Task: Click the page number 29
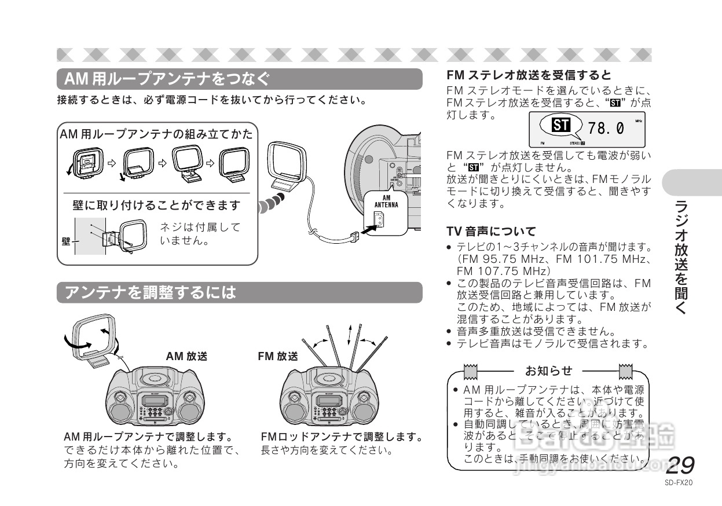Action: (x=680, y=465)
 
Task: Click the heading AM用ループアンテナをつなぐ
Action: (x=167, y=78)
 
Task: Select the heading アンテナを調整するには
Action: (x=151, y=292)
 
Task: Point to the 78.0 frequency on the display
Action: (x=606, y=128)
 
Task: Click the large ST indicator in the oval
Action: (x=560, y=125)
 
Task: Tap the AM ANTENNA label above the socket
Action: (x=386, y=201)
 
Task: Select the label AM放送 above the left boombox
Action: (x=186, y=357)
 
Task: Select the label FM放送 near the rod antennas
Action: (x=278, y=357)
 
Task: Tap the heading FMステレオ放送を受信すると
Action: (x=529, y=75)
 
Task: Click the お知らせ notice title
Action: (x=548, y=371)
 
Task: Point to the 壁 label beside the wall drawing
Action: (x=65, y=241)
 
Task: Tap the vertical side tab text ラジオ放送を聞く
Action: (x=681, y=258)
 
